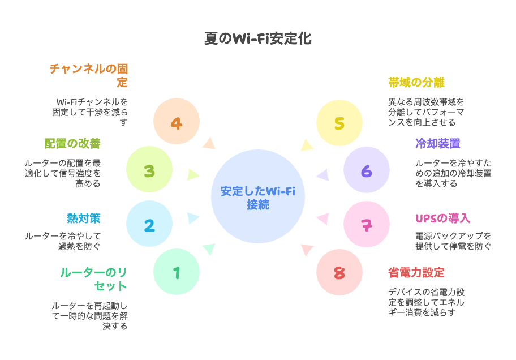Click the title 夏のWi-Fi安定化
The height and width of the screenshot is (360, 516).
pos(257,38)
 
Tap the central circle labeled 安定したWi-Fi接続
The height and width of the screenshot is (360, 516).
pos(257,196)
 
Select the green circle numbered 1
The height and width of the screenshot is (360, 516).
pos(177,272)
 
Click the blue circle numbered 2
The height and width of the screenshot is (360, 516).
pos(149,224)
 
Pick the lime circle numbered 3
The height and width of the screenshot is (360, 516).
pos(149,169)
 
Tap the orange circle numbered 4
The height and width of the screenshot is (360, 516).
pos(177,121)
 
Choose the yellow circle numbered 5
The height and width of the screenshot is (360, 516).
pos(339,123)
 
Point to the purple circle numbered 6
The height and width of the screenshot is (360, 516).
pos(367,170)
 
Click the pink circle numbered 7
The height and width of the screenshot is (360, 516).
pos(367,224)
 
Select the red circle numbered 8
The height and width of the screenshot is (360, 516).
pos(339,272)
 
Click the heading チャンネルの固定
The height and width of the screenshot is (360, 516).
pos(89,75)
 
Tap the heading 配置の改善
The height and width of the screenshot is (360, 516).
pos(72,144)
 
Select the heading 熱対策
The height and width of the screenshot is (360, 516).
pos(84,218)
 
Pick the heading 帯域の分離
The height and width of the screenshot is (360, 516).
pos(416,82)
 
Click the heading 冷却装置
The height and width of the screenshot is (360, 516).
pos(438,144)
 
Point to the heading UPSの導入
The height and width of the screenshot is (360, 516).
pos(442,218)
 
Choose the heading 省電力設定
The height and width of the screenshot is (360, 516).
pos(416,273)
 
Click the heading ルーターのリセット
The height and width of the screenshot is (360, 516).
pos(93,279)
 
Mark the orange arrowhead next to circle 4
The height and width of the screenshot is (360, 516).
pos(209,144)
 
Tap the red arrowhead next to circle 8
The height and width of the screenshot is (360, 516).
pos(307,249)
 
